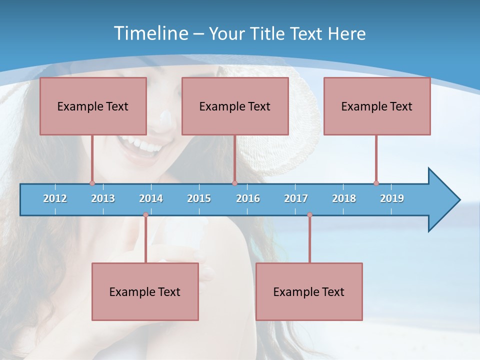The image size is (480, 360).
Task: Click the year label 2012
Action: tap(55, 198)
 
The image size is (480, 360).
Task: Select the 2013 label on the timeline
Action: tap(103, 198)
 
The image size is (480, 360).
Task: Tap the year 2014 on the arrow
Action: tap(151, 198)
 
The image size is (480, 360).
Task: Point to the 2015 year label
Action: tap(199, 198)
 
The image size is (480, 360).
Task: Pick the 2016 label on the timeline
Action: tap(248, 198)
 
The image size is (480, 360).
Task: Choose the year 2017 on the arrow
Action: tap(296, 198)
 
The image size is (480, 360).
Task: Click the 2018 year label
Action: tap(344, 198)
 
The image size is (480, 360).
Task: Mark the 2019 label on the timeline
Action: tap(392, 198)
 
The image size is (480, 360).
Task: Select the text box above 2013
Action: tap(93, 106)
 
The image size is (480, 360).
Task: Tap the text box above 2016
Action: tap(235, 106)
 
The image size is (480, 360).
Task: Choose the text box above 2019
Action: tap(377, 106)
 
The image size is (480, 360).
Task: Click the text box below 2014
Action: tap(145, 291)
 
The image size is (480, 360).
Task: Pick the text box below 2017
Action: tap(309, 291)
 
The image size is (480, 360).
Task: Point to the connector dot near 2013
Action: tap(92, 183)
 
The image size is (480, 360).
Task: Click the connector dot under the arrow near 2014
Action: tap(145, 215)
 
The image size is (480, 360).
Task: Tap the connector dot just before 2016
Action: tap(234, 183)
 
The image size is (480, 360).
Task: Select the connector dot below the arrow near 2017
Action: tap(309, 215)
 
